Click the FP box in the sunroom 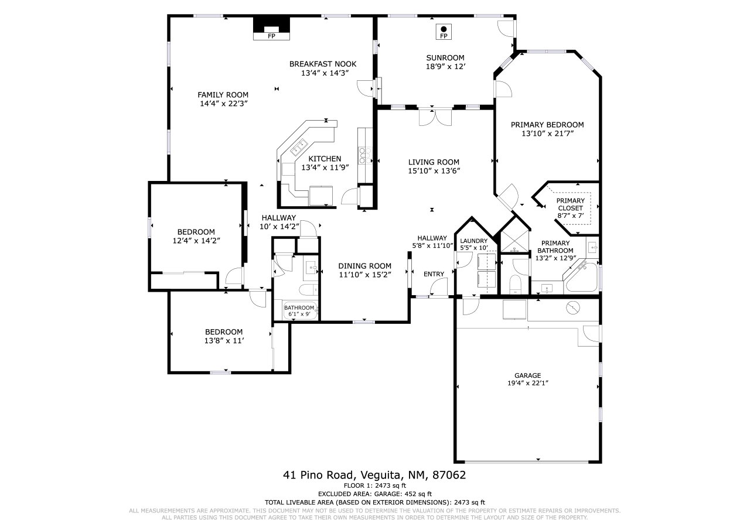[x=444, y=32]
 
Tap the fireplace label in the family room [x=271, y=36]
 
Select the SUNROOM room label [x=445, y=57]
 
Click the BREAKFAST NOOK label [x=323, y=64]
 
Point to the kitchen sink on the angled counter [x=299, y=147]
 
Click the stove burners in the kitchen [x=365, y=156]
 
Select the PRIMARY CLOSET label [x=571, y=204]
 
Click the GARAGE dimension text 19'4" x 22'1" [x=528, y=383]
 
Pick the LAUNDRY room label [x=474, y=241]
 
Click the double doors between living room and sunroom [x=435, y=117]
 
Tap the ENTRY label [x=434, y=274]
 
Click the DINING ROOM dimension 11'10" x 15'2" [x=365, y=275]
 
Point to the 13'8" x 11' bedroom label [x=224, y=341]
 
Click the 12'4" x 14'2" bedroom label [x=196, y=241]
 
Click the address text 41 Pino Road [x=318, y=475]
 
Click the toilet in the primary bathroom [x=514, y=283]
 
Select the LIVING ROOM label [x=434, y=162]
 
